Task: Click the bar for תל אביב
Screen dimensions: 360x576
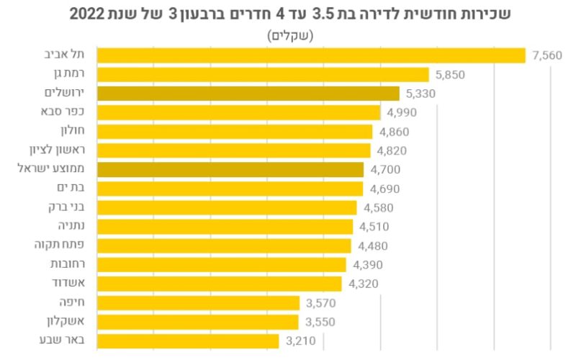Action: [311, 55]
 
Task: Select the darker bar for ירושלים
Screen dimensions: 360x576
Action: [248, 94]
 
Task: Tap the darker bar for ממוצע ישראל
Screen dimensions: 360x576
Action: [230, 170]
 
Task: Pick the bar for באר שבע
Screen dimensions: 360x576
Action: [187, 341]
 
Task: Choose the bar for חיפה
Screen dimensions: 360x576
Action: [198, 302]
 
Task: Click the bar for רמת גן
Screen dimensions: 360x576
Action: [262, 74]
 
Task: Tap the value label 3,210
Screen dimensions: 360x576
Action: [301, 341]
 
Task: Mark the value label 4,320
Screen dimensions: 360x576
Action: [363, 284]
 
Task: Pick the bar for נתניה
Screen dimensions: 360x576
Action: [224, 227]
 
